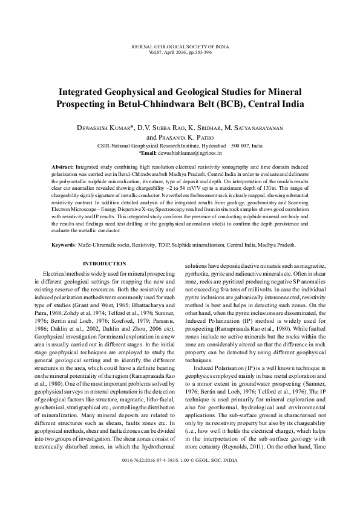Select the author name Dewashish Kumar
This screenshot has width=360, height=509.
click(x=105, y=128)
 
